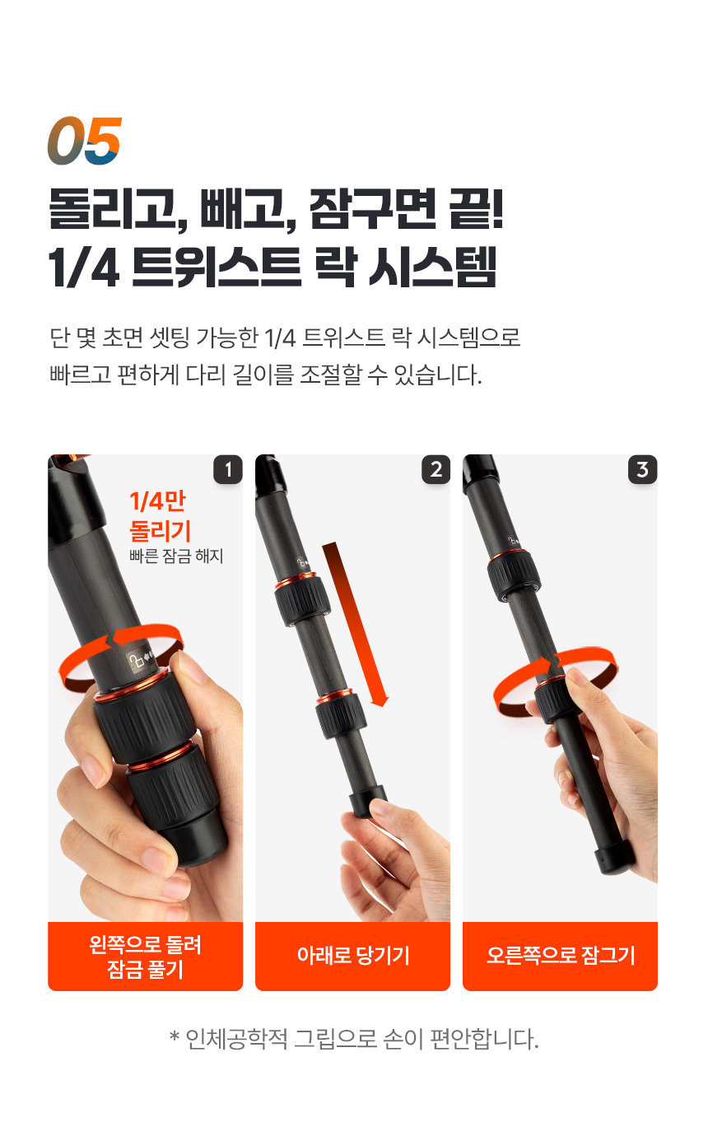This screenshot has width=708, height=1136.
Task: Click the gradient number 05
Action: (85, 141)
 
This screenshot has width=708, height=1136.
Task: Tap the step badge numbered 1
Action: (228, 469)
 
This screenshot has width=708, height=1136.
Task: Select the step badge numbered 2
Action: (436, 469)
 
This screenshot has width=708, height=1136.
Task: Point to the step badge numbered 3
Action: (643, 469)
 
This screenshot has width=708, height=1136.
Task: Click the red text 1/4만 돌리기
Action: (160, 516)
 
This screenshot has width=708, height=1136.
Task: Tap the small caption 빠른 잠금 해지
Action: (176, 556)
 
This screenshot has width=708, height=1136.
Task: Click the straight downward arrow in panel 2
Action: (355, 624)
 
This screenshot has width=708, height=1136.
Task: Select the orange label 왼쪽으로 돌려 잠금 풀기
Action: (145, 956)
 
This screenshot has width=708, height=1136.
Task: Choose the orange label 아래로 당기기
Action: (353, 956)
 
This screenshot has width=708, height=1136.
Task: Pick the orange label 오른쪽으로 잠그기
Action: (560, 956)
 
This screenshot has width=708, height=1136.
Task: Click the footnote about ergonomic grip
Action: (354, 1039)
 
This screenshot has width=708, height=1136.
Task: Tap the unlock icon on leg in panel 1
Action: (135, 661)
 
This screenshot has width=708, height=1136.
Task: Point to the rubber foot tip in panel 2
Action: (368, 801)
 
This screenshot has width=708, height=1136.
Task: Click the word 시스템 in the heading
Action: (432, 268)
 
